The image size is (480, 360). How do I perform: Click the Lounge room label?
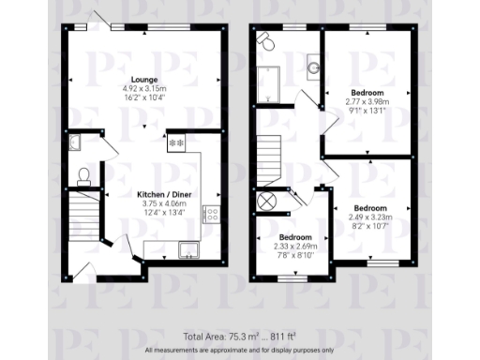click(x=144, y=80)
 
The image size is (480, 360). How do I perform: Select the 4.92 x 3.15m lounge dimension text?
click(x=144, y=88)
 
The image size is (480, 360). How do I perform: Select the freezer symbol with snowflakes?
click(x=175, y=144)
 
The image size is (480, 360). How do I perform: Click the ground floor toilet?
click(x=82, y=174)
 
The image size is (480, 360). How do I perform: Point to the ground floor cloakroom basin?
click(x=75, y=142)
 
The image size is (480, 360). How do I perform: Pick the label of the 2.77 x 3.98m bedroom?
click(x=367, y=94)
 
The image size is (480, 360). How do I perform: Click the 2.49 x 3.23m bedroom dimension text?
click(x=369, y=217)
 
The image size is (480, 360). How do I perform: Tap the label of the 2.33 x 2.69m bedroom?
click(x=295, y=238)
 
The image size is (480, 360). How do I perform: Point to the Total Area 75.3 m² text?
click(x=239, y=336)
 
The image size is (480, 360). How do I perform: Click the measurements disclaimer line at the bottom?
click(x=239, y=349)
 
